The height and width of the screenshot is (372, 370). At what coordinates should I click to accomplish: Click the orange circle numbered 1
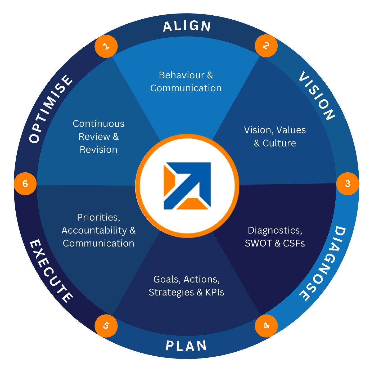pyautogui.click(x=106, y=46)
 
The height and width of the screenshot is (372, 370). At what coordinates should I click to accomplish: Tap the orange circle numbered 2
pyautogui.click(x=266, y=46)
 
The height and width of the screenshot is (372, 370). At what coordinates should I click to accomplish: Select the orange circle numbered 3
pyautogui.click(x=348, y=184)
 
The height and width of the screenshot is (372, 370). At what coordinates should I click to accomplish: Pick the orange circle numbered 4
pyautogui.click(x=266, y=326)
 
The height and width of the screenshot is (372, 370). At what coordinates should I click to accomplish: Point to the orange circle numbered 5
pyautogui.click(x=106, y=326)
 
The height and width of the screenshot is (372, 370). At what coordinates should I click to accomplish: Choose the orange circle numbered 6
pyautogui.click(x=25, y=184)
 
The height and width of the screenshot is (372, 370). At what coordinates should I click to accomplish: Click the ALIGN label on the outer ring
pyautogui.click(x=187, y=26)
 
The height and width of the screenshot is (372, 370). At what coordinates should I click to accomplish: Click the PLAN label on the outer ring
pyautogui.click(x=186, y=346)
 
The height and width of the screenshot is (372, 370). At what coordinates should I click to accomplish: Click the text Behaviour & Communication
pyautogui.click(x=186, y=82)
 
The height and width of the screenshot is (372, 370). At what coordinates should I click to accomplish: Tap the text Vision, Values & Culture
pyautogui.click(x=275, y=136)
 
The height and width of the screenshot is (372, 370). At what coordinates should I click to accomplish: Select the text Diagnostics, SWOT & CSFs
pyautogui.click(x=275, y=237)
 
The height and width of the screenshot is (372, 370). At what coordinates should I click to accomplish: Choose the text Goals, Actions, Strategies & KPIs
pyautogui.click(x=186, y=286)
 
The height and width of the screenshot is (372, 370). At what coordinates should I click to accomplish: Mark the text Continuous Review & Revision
pyautogui.click(x=98, y=136)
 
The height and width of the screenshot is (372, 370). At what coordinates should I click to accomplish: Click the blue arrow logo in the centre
pyautogui.click(x=187, y=186)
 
